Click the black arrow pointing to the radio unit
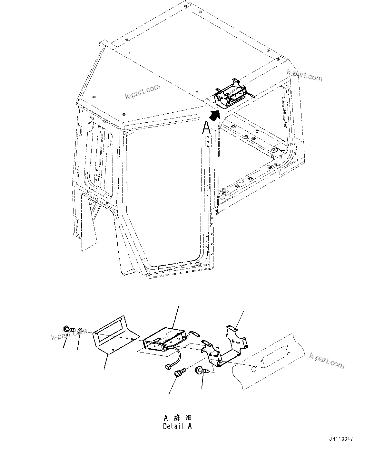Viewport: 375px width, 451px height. coord(214,114)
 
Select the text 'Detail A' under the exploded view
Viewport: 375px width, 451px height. coord(177,427)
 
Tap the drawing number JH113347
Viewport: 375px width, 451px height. coord(341,439)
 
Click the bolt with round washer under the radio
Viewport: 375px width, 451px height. coord(179,372)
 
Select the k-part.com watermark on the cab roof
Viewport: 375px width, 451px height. coord(142,92)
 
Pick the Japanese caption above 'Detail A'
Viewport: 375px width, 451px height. coord(177,418)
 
